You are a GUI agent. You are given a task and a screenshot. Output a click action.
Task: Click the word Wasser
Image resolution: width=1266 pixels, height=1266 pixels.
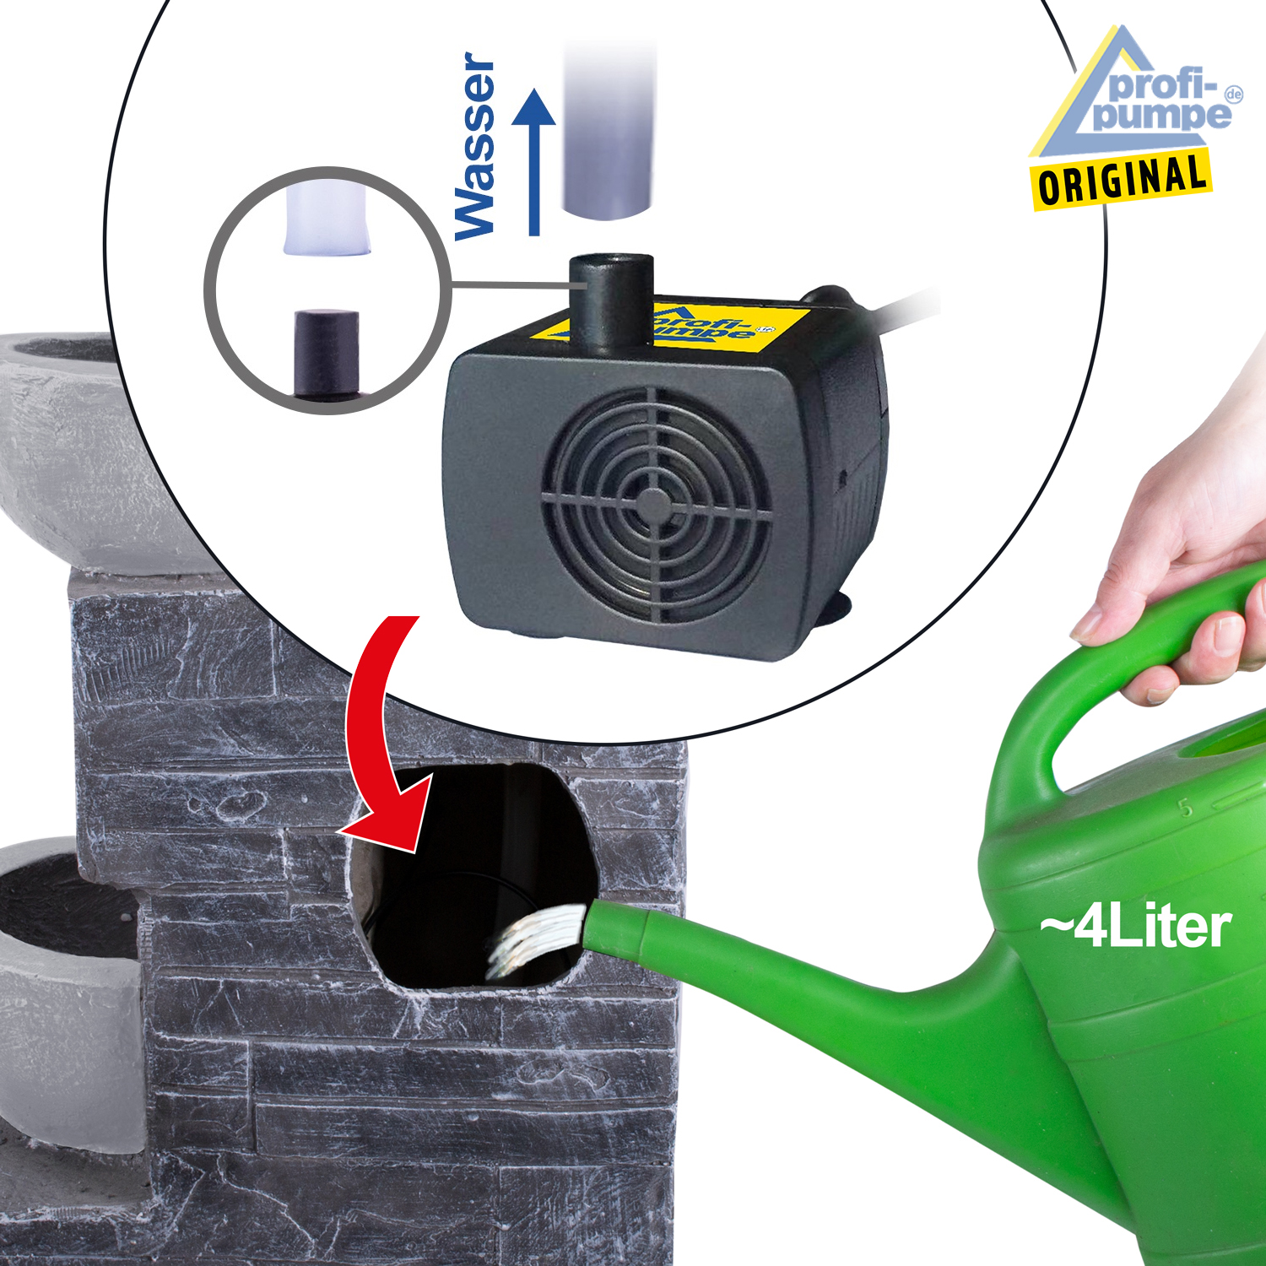[474, 147]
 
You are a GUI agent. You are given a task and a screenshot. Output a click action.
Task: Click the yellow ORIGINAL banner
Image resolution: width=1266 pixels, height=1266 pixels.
[1121, 179]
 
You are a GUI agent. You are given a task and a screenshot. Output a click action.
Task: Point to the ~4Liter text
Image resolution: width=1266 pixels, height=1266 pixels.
[1135, 927]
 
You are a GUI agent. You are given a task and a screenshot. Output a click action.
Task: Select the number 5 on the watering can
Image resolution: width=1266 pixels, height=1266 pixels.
[1186, 808]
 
